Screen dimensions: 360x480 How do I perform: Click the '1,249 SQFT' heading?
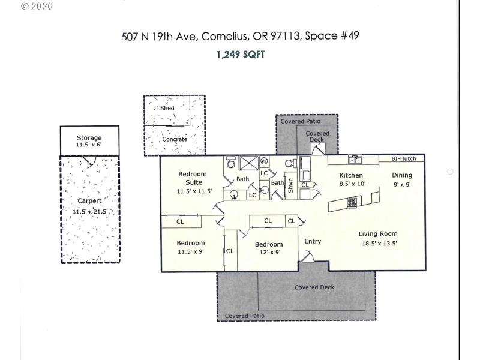(240, 55)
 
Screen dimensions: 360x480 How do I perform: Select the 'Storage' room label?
(89, 138)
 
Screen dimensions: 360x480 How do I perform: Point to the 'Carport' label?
(89, 200)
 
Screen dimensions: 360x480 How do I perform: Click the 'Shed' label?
(167, 108)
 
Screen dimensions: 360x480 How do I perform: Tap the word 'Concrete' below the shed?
(175, 139)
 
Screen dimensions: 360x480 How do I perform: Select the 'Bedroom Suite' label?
(192, 178)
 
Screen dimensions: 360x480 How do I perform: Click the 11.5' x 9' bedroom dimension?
(191, 252)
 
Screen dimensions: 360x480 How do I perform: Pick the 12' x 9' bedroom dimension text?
(268, 253)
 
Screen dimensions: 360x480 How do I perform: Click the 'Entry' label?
(313, 241)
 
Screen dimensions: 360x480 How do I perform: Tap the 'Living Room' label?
(378, 234)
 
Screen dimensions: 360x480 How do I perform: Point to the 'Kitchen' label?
(351, 175)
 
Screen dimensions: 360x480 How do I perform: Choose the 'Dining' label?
(402, 175)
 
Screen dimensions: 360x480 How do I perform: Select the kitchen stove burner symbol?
(352, 202)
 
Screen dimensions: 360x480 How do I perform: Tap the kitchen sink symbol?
(355, 159)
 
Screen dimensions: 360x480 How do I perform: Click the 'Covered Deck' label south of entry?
(314, 287)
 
